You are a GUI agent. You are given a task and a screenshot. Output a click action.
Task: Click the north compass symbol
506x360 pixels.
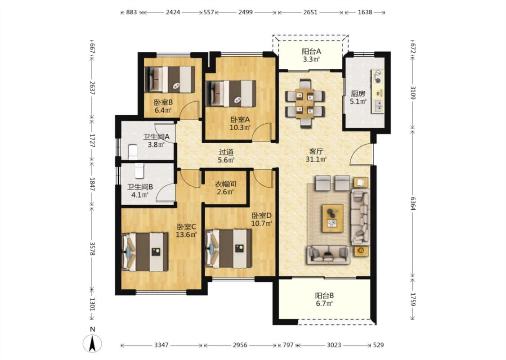92,342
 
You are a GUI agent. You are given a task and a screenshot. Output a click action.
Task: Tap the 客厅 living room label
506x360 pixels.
316,151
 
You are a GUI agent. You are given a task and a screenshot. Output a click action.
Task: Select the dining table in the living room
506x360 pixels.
304,103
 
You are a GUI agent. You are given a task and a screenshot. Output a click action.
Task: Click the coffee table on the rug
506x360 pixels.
332,218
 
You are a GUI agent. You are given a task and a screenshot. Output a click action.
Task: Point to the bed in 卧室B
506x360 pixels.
170,80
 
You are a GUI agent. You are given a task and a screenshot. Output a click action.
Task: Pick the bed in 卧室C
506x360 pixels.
145,252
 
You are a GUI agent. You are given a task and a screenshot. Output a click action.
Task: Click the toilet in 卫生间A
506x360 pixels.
133,152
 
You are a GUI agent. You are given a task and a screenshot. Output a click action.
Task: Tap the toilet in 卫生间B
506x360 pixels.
139,171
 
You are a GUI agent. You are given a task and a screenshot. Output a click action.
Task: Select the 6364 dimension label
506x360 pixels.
413,204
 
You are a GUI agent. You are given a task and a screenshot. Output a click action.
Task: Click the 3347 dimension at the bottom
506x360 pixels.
161,345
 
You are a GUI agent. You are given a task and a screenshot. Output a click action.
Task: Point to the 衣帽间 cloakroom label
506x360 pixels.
226,184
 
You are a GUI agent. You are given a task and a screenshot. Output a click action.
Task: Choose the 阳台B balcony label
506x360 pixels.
324,296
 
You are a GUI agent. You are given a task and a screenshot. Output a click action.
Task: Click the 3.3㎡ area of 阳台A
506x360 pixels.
311,59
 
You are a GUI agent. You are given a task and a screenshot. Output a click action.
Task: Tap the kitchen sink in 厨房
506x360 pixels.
378,104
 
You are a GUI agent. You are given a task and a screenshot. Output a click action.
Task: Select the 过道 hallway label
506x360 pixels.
226,152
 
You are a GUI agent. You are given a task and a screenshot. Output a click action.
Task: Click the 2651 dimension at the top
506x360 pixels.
310,12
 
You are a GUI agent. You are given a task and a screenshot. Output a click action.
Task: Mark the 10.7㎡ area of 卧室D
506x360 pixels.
262,223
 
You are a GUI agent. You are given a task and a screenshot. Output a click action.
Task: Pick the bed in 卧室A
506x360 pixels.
231,93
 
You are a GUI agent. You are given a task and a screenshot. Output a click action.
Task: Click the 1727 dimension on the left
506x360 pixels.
92,140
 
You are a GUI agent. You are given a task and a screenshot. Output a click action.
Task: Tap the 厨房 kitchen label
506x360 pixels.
358,94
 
